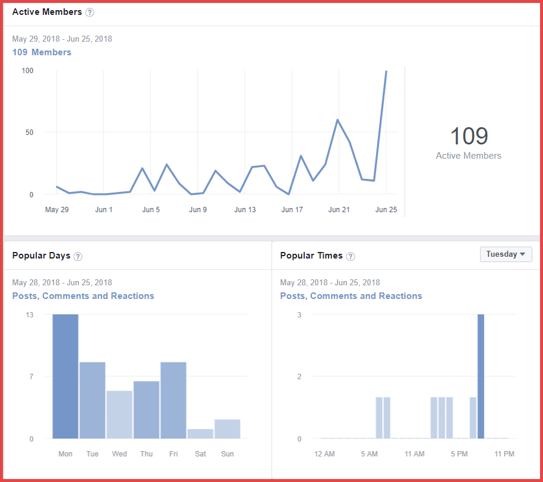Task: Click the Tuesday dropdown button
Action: [506, 254]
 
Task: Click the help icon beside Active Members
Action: [90, 12]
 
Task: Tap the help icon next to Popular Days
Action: [78, 256]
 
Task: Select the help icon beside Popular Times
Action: [351, 256]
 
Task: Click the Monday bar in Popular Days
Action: [65, 376]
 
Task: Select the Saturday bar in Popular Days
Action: [200, 433]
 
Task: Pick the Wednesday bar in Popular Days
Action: [119, 414]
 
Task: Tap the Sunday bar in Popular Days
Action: [228, 429]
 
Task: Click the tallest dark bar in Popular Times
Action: [481, 376]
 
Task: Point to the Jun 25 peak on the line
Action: [386, 71]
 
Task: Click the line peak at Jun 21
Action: [338, 120]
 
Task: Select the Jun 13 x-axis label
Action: [245, 210]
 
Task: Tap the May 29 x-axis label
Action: [57, 210]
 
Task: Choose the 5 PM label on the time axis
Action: [459, 454]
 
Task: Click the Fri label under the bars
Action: [173, 454]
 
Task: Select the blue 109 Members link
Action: [42, 52]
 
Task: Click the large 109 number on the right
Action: [468, 136]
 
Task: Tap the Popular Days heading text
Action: [42, 256]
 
